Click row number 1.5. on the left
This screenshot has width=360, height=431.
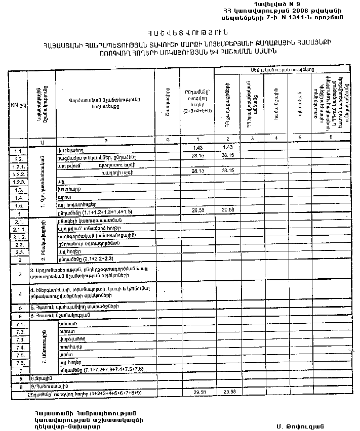click(x=18, y=206)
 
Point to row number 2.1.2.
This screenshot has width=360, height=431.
click(x=18, y=237)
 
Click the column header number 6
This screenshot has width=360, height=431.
click(x=331, y=138)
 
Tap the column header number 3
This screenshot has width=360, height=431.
click(x=252, y=138)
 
